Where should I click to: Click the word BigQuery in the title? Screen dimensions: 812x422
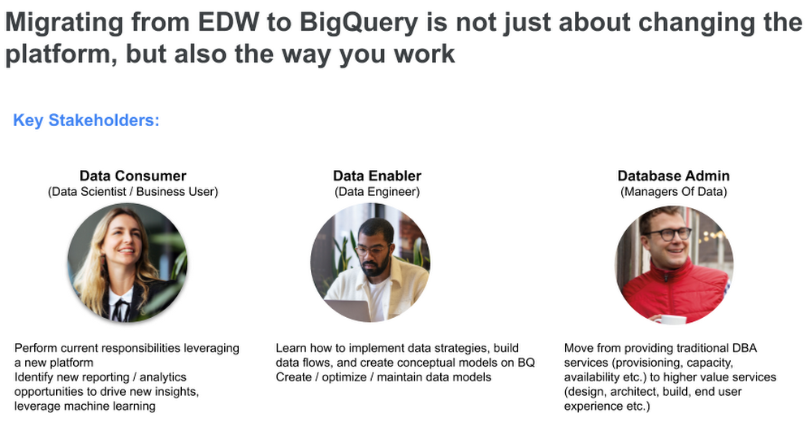(x=358, y=24)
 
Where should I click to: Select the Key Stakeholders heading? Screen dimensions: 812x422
(x=86, y=120)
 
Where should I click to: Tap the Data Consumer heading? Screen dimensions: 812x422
(x=132, y=176)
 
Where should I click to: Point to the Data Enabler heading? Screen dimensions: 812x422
(x=377, y=176)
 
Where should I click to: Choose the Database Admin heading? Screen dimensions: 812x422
(x=673, y=176)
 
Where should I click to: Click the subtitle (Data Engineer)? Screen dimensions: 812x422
(x=377, y=192)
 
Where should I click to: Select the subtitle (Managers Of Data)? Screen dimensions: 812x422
(x=673, y=192)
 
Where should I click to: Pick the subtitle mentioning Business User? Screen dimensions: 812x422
(x=132, y=192)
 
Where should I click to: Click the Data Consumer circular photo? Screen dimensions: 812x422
(x=127, y=263)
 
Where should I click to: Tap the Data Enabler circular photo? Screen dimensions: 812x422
(x=369, y=263)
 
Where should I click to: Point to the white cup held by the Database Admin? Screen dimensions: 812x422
(x=670, y=320)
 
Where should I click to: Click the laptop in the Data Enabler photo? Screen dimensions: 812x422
(x=347, y=310)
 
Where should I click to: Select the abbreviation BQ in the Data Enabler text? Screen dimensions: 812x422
(x=526, y=363)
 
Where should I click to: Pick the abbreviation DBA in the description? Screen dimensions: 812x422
(x=745, y=348)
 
